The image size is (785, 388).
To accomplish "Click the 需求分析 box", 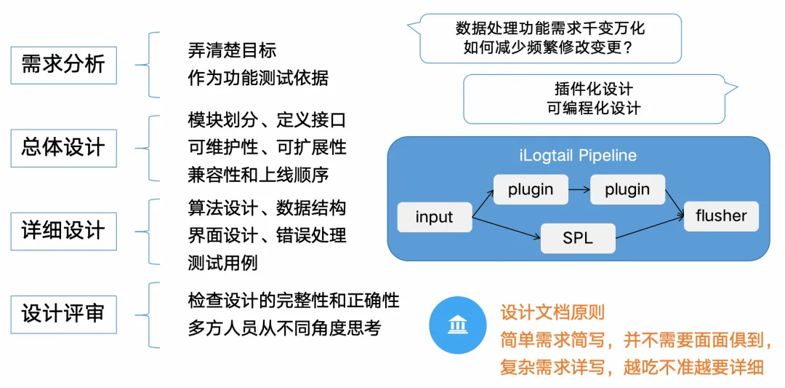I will pyautogui.click(x=63, y=64).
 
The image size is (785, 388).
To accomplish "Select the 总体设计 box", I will pyautogui.click(x=63, y=148).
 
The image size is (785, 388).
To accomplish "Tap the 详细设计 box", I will pyautogui.click(x=63, y=231).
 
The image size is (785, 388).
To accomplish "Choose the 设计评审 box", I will pyautogui.click(x=63, y=314).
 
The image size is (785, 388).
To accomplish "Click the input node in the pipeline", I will pyautogui.click(x=434, y=217).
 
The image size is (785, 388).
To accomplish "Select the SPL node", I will pyautogui.click(x=579, y=238).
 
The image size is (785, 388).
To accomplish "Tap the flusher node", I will pyautogui.click(x=721, y=215).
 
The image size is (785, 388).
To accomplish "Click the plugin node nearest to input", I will pyautogui.click(x=531, y=189).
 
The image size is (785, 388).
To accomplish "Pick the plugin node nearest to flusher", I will pyautogui.click(x=627, y=189).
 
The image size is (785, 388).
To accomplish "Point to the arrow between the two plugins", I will pyautogui.click(x=579, y=189).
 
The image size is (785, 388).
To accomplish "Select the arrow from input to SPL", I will pyautogui.click(x=507, y=227).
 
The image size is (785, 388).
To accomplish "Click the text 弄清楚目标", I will pyautogui.click(x=232, y=51).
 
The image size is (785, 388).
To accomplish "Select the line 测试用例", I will pyautogui.click(x=222, y=263).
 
